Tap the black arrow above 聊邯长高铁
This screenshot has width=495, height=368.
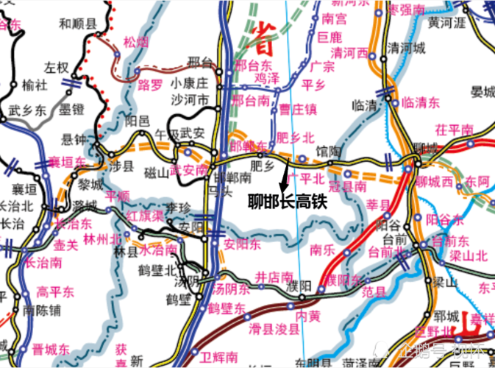click(284, 176)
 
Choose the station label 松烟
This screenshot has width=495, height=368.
click(138, 42)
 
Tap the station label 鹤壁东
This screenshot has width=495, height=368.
click(227, 308)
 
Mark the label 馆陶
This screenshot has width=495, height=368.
click(330, 151)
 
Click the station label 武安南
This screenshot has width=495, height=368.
click(188, 169)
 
